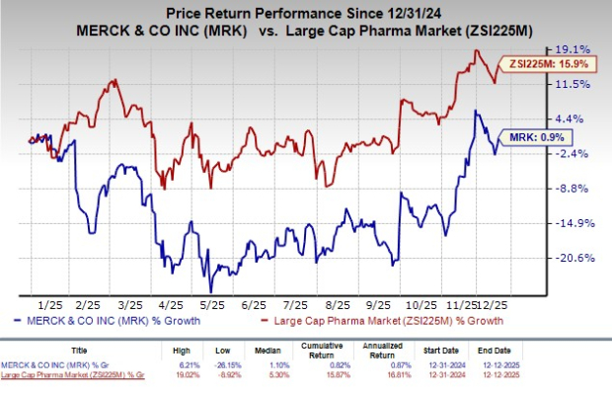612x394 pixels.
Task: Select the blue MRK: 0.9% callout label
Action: click(x=533, y=137)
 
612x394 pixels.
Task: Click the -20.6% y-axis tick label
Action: click(x=574, y=258)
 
